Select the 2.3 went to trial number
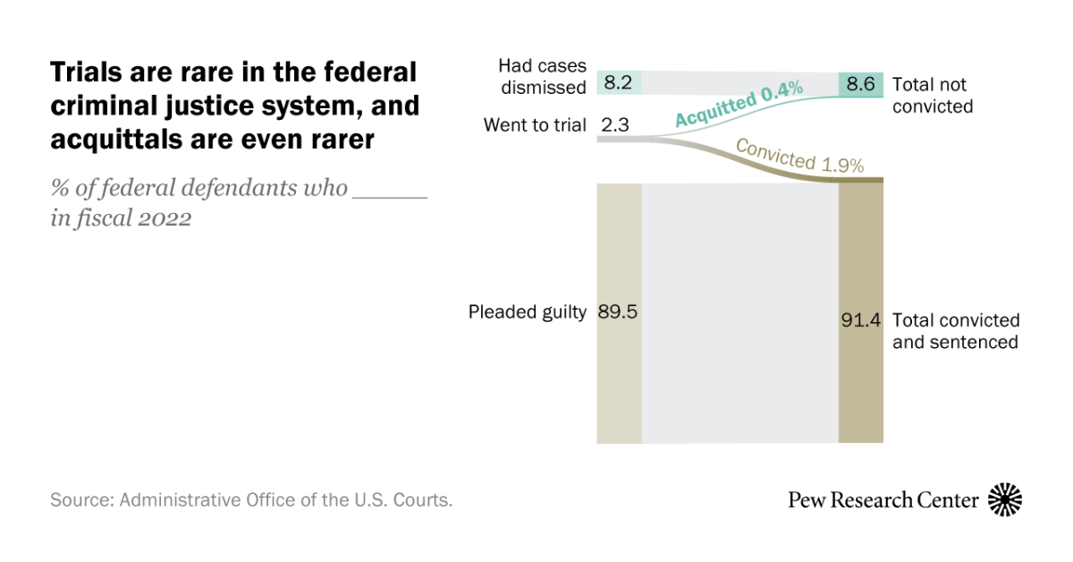point(615,125)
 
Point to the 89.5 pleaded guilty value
point(618,312)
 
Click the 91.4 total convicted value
point(861,320)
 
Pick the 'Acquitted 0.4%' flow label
point(738,104)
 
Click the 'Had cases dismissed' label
point(542,76)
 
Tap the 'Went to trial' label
point(535,125)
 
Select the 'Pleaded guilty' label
point(528,312)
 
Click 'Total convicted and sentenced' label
point(955,331)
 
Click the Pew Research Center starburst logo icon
point(1004,499)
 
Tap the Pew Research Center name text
point(883,499)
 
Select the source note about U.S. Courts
point(251,500)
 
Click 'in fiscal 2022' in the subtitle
point(121,219)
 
